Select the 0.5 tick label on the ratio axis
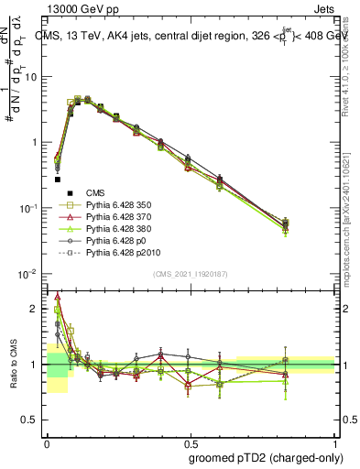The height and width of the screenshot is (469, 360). pyautogui.click(x=31, y=420)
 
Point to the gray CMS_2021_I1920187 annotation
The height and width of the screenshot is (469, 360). pyautogui.click(x=190, y=274)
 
